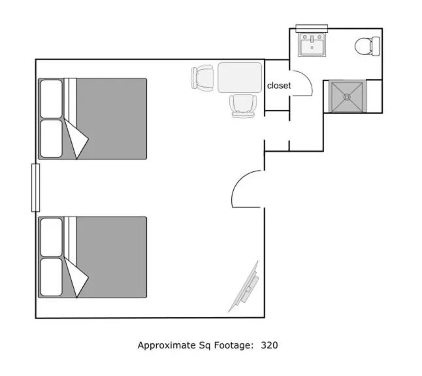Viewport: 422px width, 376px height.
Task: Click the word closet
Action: tap(279, 86)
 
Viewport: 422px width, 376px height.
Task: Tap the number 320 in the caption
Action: tap(269, 345)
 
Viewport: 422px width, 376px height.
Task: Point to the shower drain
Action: tap(347, 96)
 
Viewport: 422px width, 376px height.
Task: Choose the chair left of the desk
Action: tap(203, 78)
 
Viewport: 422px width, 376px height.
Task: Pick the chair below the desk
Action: tap(243, 105)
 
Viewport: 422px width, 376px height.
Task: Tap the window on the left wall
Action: tap(36, 188)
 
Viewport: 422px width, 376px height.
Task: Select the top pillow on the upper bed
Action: tap(51, 98)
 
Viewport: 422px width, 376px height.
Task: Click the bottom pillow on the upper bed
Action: tap(51, 138)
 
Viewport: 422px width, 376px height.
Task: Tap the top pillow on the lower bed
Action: tap(51, 237)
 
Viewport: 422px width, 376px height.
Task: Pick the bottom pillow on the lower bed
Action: tap(51, 277)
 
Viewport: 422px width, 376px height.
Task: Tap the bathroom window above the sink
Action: tap(312, 27)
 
